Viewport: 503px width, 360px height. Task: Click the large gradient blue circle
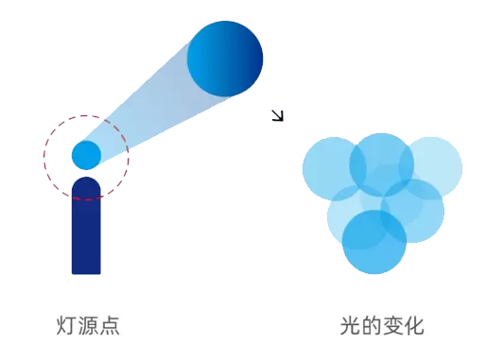tap(225, 59)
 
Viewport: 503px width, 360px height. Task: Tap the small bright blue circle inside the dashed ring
tap(86, 155)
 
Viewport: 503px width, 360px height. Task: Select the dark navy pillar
tap(86, 226)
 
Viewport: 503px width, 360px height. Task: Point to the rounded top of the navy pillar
tap(86, 181)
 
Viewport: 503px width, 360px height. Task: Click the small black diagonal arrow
tap(278, 115)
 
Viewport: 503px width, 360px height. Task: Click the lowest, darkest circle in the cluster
tap(374, 242)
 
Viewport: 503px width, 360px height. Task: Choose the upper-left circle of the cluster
tap(335, 169)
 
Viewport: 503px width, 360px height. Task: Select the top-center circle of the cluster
tap(381, 164)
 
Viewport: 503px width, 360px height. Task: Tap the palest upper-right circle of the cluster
tap(430, 167)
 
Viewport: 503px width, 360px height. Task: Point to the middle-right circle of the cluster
tap(412, 211)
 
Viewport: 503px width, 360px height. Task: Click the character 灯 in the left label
tap(66, 326)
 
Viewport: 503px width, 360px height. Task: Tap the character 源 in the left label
tap(88, 326)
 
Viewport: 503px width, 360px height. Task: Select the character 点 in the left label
tap(110, 326)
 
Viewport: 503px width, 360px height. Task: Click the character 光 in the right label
tap(350, 326)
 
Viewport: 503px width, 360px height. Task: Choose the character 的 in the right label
tap(372, 326)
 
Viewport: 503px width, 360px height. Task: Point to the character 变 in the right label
tap(392, 326)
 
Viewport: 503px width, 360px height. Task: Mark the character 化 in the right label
tap(414, 326)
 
